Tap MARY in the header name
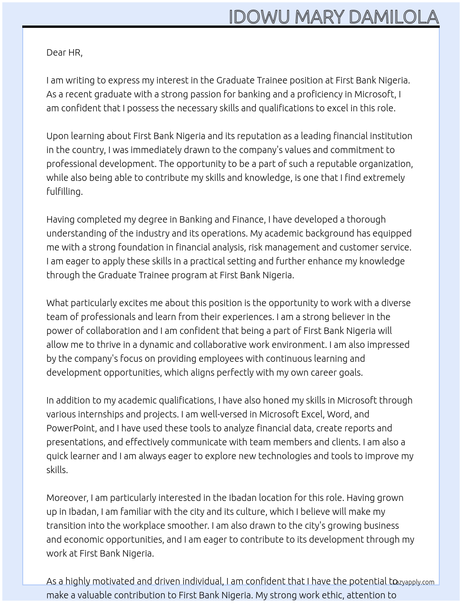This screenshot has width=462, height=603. tap(320, 17)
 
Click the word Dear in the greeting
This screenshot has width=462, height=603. tap(56, 52)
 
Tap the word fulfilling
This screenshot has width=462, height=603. tap(64, 192)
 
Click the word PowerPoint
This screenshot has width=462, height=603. tap(71, 428)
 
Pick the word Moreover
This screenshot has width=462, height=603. tap(67, 498)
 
